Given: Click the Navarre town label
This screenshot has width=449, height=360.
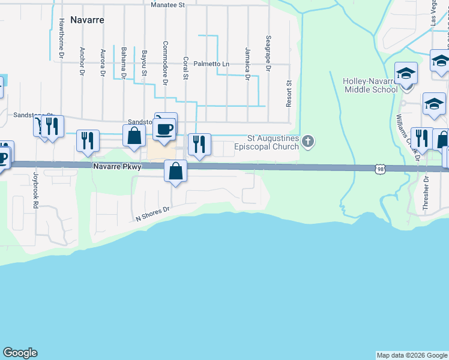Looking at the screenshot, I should (87, 20).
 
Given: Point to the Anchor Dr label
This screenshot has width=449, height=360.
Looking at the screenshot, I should (82, 62).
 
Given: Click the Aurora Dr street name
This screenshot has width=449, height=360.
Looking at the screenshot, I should (103, 63).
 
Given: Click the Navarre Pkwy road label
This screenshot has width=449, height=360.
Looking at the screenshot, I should (116, 167).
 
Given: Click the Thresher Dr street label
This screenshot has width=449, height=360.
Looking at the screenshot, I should (425, 193).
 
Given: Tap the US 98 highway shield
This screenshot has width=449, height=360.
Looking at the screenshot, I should (381, 170).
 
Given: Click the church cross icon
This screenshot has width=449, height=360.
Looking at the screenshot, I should (308, 142).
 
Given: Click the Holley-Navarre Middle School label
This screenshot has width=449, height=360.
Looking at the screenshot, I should (370, 85).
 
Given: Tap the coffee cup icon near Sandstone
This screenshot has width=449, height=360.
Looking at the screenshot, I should (165, 128).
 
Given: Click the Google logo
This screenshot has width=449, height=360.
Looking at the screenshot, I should (20, 353).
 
